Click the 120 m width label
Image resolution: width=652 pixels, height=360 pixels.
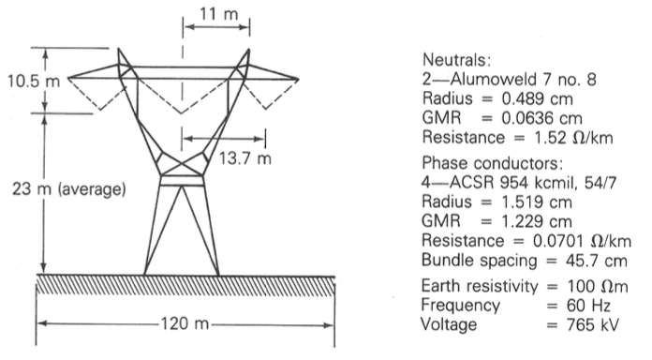coord(186,328)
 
